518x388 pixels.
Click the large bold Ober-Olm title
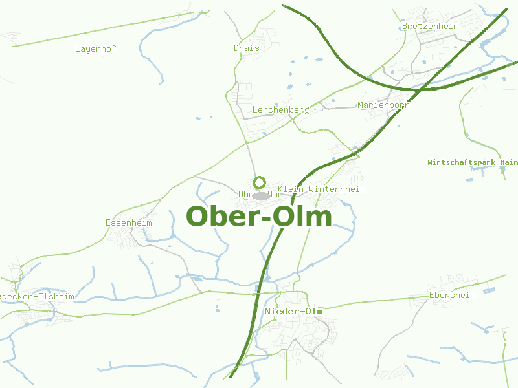pos(259,217)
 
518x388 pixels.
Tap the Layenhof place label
pos(95,48)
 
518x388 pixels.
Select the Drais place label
pos(246,48)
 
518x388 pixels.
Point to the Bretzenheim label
pos(430,27)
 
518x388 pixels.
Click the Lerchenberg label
pos(280,110)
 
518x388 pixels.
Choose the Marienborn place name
pos(383,105)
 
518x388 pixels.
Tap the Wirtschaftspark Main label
pos(473,162)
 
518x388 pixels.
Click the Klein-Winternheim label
pos(322,189)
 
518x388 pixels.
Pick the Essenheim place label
pos(128,222)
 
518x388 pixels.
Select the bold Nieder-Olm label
pos(293,312)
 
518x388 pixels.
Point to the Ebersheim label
pos(452,296)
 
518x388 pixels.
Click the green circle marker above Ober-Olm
pos(260,182)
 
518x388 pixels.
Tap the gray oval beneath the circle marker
pos(261,195)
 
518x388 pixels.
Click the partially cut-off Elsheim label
pos(37,297)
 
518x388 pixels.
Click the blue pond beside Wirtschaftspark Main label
pos(502,170)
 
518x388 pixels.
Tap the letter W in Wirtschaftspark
pos(430,162)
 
